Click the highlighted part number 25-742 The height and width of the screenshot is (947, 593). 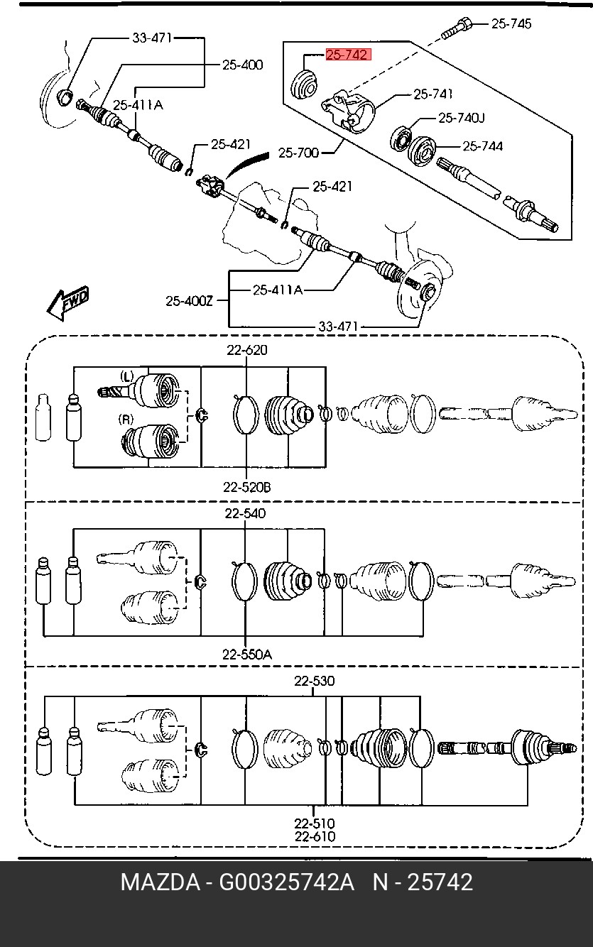[x=348, y=55]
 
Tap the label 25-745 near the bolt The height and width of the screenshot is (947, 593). [x=511, y=23]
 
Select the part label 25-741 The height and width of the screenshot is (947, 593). [x=433, y=93]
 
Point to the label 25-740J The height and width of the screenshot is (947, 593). [x=461, y=117]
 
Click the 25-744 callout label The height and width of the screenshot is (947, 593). [x=483, y=146]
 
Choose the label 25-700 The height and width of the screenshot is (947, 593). [x=298, y=152]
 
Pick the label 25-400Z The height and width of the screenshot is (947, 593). [x=190, y=300]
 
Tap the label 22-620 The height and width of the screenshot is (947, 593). [x=247, y=350]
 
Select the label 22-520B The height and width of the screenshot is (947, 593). [x=246, y=487]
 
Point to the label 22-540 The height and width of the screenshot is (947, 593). [x=246, y=513]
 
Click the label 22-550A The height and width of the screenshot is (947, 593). [x=246, y=654]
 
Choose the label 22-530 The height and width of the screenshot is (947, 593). [x=315, y=681]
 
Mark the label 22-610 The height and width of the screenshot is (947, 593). [x=315, y=837]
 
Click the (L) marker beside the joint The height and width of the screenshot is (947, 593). [x=127, y=375]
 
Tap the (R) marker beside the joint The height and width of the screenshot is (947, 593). [x=126, y=420]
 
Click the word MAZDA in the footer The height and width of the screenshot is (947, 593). [x=160, y=882]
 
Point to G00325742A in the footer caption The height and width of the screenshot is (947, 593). [x=286, y=882]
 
